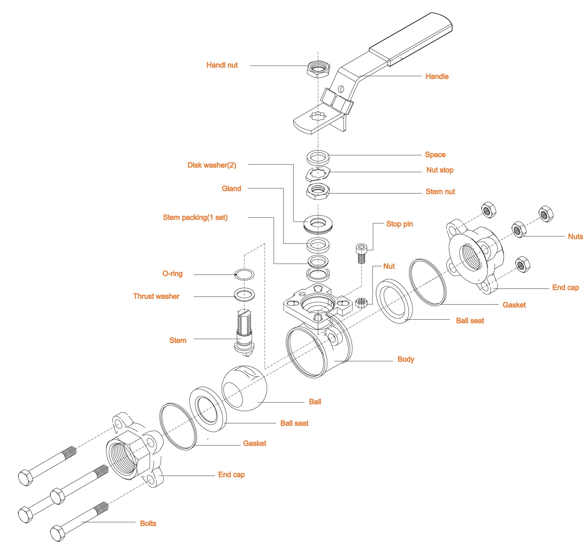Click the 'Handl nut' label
click(222, 65)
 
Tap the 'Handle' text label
click(437, 76)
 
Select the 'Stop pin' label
click(399, 224)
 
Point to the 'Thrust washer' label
click(156, 296)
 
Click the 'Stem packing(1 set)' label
click(195, 218)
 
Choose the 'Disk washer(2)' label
click(212, 165)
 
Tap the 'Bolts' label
click(148, 523)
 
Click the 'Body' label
click(406, 359)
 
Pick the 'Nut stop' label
click(440, 170)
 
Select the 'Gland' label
click(231, 189)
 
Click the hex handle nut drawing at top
click(318, 69)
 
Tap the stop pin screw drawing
click(361, 253)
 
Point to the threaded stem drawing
click(245, 332)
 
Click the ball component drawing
click(244, 388)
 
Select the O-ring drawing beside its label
click(244, 274)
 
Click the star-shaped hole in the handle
click(318, 116)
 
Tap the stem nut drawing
click(318, 191)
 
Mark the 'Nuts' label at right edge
click(575, 237)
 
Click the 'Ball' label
click(315, 402)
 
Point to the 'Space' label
click(435, 155)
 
